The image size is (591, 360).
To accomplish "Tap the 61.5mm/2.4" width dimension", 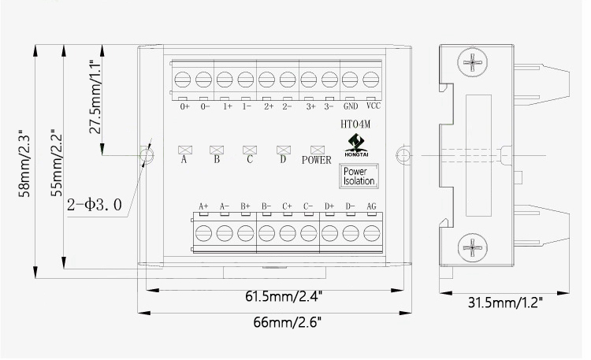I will pos(283,297).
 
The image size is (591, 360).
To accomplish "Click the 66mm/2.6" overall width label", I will pos(288,322).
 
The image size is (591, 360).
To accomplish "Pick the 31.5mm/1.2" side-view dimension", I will pos(505,301).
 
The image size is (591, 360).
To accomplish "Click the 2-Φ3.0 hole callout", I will pos(95,206).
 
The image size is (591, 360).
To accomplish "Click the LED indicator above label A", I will pos(185,148).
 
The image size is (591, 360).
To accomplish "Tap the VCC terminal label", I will pos(374,106).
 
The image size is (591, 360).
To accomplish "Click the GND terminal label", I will pos(351,106).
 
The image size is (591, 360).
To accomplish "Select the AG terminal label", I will pos(372,206).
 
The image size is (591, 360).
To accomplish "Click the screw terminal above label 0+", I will pos(184,80).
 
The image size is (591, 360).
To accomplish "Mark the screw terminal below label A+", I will pos(203,232).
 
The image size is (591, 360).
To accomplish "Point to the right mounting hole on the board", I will pos(403,154).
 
